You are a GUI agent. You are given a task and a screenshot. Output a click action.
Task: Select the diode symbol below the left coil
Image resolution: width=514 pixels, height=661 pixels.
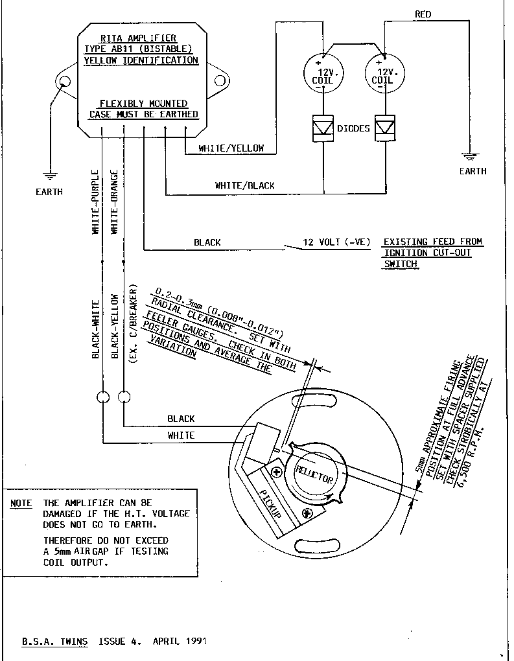[x=323, y=128]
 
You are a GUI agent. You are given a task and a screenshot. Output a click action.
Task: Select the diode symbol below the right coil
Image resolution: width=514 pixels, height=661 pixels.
[x=385, y=128]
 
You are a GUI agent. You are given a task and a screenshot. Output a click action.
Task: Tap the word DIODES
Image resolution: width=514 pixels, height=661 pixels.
[x=353, y=128]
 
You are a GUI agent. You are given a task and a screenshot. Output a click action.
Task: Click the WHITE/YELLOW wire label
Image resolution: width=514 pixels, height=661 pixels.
[x=231, y=148]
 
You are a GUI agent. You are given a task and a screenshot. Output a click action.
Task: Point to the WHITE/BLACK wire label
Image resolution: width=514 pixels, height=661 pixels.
[x=244, y=185]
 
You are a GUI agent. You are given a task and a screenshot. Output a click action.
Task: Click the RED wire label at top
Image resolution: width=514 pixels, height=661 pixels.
[x=423, y=14]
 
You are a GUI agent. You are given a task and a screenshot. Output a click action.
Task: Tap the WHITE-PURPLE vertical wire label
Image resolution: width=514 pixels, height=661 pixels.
[x=95, y=202]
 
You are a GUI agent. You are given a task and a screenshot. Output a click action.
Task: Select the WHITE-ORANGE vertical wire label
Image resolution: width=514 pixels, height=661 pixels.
[x=114, y=202]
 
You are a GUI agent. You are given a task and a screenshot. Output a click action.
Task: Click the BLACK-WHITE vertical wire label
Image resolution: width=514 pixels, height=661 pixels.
[x=96, y=329]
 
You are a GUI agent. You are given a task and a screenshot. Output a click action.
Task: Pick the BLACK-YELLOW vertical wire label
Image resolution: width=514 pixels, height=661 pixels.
[x=115, y=326]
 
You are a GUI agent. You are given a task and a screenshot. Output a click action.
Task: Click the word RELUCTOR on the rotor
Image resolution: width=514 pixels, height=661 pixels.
[x=314, y=474]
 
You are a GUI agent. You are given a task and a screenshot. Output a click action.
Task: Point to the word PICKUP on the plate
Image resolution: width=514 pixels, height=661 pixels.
[x=270, y=504]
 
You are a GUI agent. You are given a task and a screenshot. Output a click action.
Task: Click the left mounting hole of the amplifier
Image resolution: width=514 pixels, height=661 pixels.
[x=65, y=80]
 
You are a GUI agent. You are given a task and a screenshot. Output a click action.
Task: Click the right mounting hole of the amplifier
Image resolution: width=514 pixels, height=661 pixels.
[x=220, y=80]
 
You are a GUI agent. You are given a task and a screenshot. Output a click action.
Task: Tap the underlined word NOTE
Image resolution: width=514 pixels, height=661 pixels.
[x=21, y=504]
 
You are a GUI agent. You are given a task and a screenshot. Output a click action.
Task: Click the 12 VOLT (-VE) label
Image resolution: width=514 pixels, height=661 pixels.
[x=336, y=242]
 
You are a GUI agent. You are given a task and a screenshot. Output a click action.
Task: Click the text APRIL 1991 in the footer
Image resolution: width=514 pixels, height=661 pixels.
[x=180, y=642]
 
